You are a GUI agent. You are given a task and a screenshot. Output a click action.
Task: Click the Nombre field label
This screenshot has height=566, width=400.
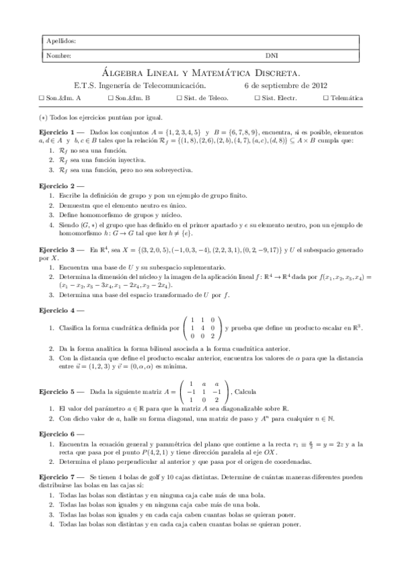[x=59, y=56]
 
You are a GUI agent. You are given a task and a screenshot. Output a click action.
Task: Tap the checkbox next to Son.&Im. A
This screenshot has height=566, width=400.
[x=41, y=98]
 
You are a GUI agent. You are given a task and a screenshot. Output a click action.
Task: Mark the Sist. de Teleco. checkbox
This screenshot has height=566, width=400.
[x=179, y=98]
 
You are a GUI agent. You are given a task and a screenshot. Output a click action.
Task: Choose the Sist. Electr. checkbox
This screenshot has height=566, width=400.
[x=258, y=98]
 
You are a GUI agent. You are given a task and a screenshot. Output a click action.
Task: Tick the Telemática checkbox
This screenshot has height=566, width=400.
[x=325, y=98]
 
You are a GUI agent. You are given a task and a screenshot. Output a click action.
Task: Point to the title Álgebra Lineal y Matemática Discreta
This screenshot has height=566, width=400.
[x=204, y=72]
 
